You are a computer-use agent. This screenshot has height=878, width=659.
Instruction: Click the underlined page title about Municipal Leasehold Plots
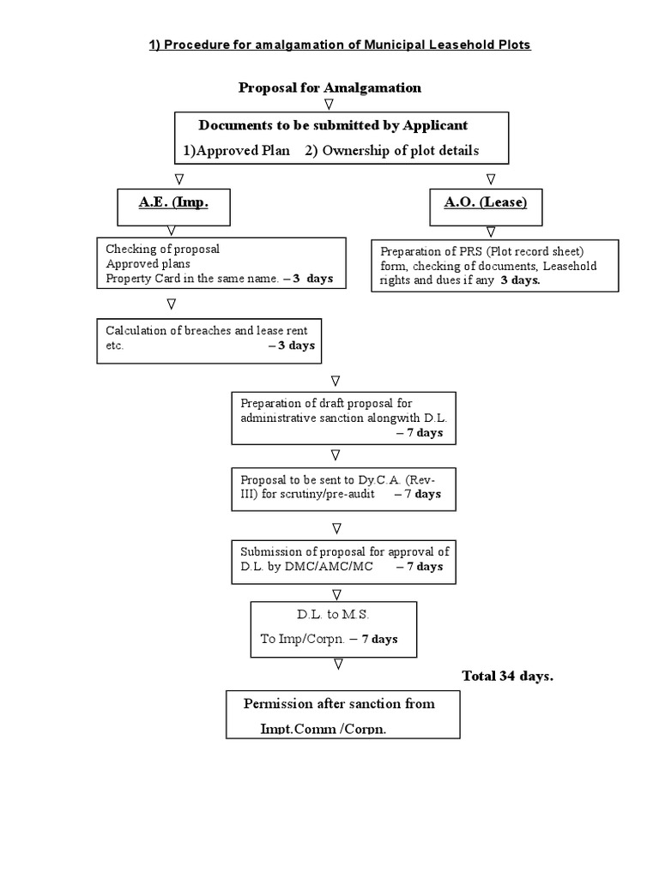point(341,45)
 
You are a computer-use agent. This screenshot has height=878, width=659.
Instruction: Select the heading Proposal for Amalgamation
point(329,87)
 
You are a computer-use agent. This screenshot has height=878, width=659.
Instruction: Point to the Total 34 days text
point(507,676)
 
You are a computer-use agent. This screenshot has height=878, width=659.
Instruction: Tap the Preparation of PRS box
point(494,265)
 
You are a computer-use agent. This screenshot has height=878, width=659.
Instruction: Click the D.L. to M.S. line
point(333,616)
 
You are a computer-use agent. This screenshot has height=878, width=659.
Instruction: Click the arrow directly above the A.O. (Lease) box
point(491,179)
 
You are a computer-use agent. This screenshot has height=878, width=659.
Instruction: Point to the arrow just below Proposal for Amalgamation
point(329,104)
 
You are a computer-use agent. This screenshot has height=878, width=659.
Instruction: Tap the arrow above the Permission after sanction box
point(339,665)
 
